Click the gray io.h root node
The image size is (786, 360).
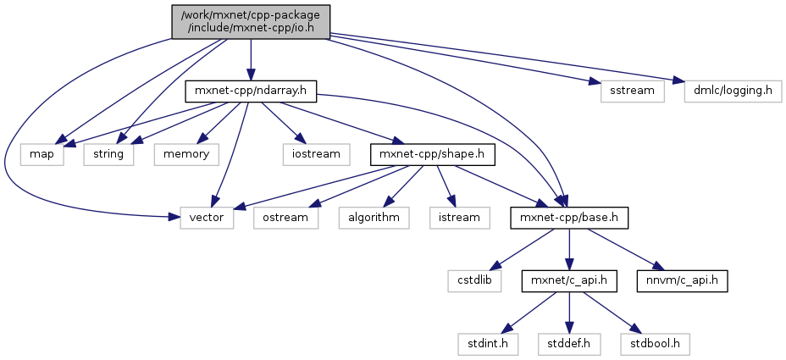pos(250,21)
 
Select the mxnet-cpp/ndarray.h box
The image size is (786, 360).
pos(250,91)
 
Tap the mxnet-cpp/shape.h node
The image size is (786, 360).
pos(432,154)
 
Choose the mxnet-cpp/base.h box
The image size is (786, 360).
pos(568,218)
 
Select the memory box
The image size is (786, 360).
pos(186,154)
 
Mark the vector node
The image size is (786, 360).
pos(203,218)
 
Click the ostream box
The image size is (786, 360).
pos(285,218)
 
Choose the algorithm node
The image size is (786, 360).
pos(374,218)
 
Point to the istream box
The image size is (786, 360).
pos(458,218)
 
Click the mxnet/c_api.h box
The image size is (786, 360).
pos(568,280)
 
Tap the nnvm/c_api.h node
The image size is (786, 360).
pos(684,280)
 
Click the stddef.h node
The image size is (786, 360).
pos(568,344)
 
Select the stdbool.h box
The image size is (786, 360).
pos(654,344)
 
